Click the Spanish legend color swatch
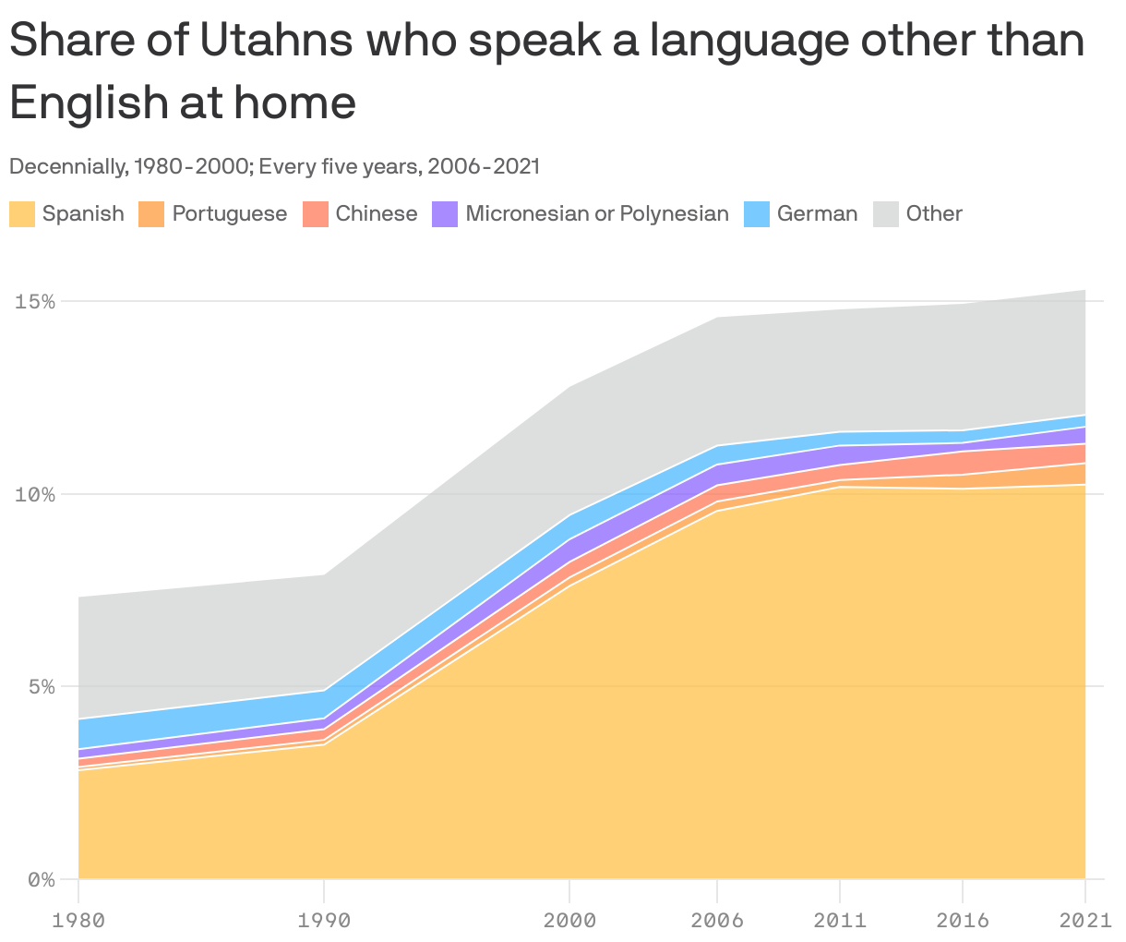22,214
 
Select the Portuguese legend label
229,214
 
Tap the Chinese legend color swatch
316,214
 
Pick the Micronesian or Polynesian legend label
597,214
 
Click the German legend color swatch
757,214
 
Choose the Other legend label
934,214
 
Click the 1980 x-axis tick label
78,921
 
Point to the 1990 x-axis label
324,921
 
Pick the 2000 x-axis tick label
569,921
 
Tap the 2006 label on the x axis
717,921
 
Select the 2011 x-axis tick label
839,921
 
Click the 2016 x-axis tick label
963,921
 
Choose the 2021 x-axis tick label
1085,921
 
